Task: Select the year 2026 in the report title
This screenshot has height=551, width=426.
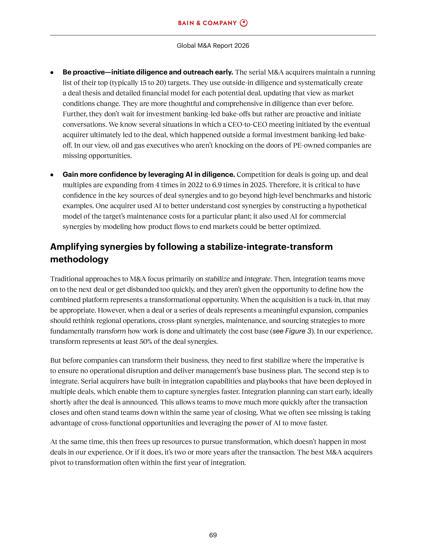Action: [x=242, y=46]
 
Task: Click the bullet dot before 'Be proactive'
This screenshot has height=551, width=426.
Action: [x=52, y=73]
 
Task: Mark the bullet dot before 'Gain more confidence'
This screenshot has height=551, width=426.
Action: [x=52, y=175]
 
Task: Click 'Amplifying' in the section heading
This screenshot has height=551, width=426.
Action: [x=74, y=247]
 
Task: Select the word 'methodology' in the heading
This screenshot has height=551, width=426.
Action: [x=79, y=259]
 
